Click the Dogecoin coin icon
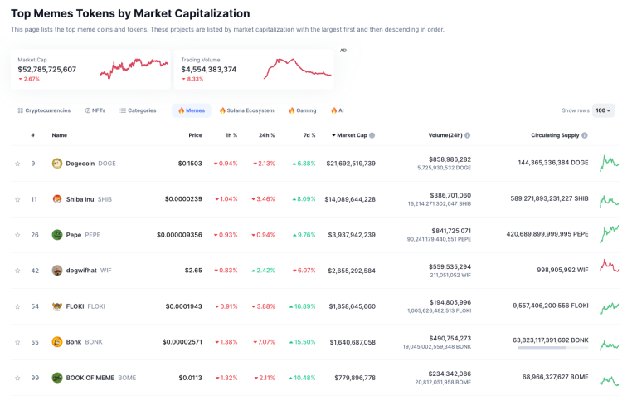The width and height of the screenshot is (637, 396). pos(57,164)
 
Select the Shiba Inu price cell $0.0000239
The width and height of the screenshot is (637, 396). pos(184,199)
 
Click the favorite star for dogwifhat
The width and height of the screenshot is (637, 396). pos(17,271)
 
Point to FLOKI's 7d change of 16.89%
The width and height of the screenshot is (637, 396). pos(304,306)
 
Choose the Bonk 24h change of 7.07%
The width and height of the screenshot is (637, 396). pos(264,342)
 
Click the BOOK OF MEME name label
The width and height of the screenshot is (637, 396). pos(90,378)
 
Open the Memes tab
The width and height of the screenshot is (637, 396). pos(192,110)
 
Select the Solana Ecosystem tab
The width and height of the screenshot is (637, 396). pos(246,110)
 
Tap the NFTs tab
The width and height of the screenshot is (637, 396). pos(95,110)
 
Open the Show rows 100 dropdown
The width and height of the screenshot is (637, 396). pos(603,110)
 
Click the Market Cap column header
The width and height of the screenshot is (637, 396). pos(352,135)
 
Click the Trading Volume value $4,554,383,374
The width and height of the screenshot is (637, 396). pos(208,70)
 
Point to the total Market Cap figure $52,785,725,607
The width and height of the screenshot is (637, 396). pos(47,70)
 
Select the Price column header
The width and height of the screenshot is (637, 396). pos(195,135)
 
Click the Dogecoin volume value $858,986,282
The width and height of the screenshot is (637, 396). pos(450,159)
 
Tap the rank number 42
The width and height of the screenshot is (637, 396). pos(33,271)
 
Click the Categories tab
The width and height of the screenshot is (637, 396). pos(138,110)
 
